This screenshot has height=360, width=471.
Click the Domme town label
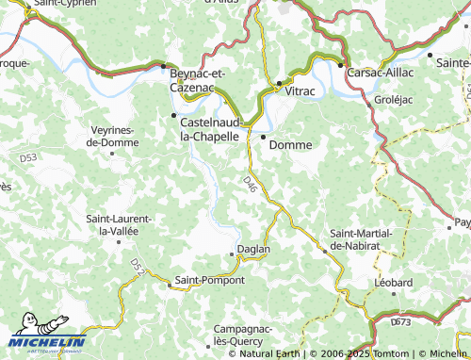(290, 145)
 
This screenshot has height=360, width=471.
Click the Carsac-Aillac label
(382, 71)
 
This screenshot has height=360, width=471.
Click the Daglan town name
(254, 249)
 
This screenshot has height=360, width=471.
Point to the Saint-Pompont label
(209, 281)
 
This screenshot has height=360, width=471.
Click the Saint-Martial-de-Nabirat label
(355, 238)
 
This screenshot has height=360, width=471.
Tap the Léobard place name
(393, 282)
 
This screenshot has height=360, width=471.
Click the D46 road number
(250, 181)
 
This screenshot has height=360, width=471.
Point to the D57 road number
(138, 268)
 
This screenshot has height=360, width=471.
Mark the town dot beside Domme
(263, 138)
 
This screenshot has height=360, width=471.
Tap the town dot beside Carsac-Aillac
(341, 65)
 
